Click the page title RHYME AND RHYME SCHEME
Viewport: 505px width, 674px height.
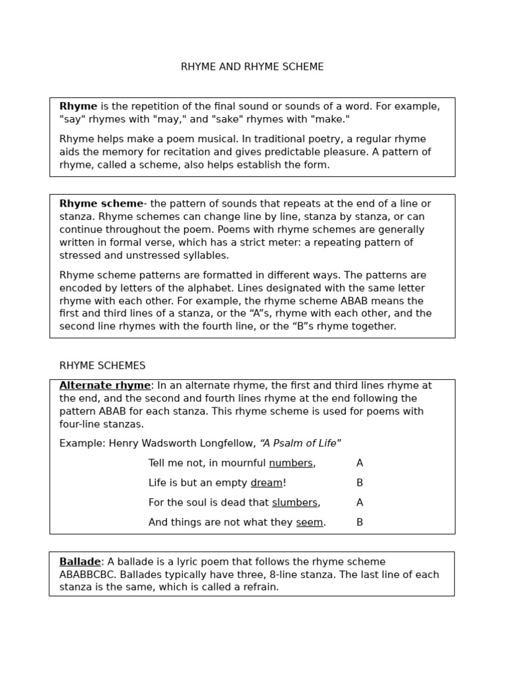pyautogui.click(x=252, y=67)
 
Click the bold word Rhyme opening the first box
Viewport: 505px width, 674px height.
pyautogui.click(x=78, y=107)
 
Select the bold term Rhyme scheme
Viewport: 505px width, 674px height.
pyautogui.click(x=101, y=204)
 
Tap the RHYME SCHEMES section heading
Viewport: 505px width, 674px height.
pyautogui.click(x=103, y=366)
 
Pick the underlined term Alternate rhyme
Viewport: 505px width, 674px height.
pyautogui.click(x=105, y=386)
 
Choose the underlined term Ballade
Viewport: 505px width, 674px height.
pyautogui.click(x=80, y=562)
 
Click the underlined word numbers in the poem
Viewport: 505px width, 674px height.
pyautogui.click(x=291, y=463)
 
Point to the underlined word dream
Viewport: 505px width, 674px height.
pyautogui.click(x=266, y=483)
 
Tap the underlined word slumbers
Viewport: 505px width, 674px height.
pyautogui.click(x=295, y=503)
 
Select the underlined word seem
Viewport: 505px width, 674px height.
pyautogui.click(x=309, y=523)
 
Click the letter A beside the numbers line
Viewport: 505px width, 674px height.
pyautogui.click(x=360, y=463)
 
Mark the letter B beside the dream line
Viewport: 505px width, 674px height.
pyautogui.click(x=360, y=483)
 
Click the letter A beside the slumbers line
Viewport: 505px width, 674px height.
pyautogui.click(x=360, y=503)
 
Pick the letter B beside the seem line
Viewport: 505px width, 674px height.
pyautogui.click(x=360, y=523)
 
